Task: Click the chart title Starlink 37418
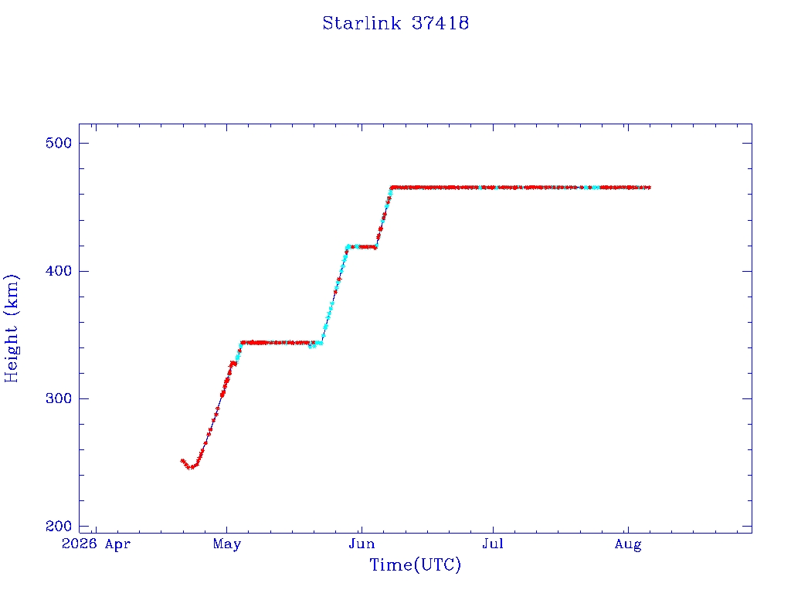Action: pyautogui.click(x=395, y=23)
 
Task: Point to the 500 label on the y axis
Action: pyautogui.click(x=59, y=143)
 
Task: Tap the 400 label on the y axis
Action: pyautogui.click(x=59, y=271)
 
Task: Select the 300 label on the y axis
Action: pyautogui.click(x=59, y=398)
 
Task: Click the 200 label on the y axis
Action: pyautogui.click(x=59, y=526)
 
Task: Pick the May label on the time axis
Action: pyautogui.click(x=227, y=544)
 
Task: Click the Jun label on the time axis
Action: pyautogui.click(x=362, y=544)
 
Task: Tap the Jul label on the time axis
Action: pyautogui.click(x=492, y=544)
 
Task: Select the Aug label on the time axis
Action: pyautogui.click(x=628, y=544)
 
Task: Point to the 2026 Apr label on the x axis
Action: pyautogui.click(x=96, y=544)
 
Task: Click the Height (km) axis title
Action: pyautogui.click(x=11, y=328)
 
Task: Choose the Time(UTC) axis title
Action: pyautogui.click(x=415, y=564)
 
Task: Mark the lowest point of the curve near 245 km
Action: pyautogui.click(x=190, y=467)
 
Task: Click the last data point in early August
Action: pyautogui.click(x=649, y=188)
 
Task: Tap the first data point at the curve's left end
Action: pyautogui.click(x=182, y=460)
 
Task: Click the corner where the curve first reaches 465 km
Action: pyautogui.click(x=392, y=188)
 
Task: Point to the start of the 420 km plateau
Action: pyautogui.click(x=348, y=246)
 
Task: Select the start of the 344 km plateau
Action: pyautogui.click(x=242, y=343)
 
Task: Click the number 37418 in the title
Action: pyautogui.click(x=440, y=23)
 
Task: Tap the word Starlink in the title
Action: pyautogui.click(x=362, y=23)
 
